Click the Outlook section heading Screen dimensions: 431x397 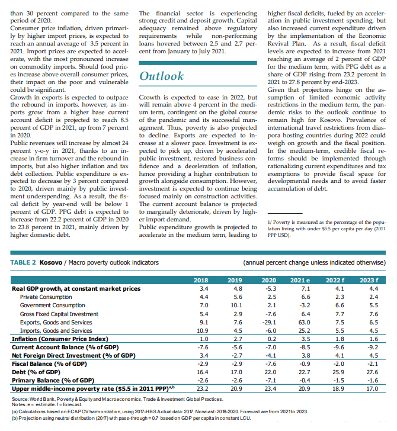(x=161, y=76)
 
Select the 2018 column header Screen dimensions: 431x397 (x=203, y=279)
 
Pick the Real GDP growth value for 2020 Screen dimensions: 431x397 (x=268, y=288)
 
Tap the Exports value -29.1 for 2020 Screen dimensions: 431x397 (x=268, y=322)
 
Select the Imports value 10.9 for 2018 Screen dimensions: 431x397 (x=203, y=330)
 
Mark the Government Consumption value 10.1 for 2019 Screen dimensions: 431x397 (x=236, y=305)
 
